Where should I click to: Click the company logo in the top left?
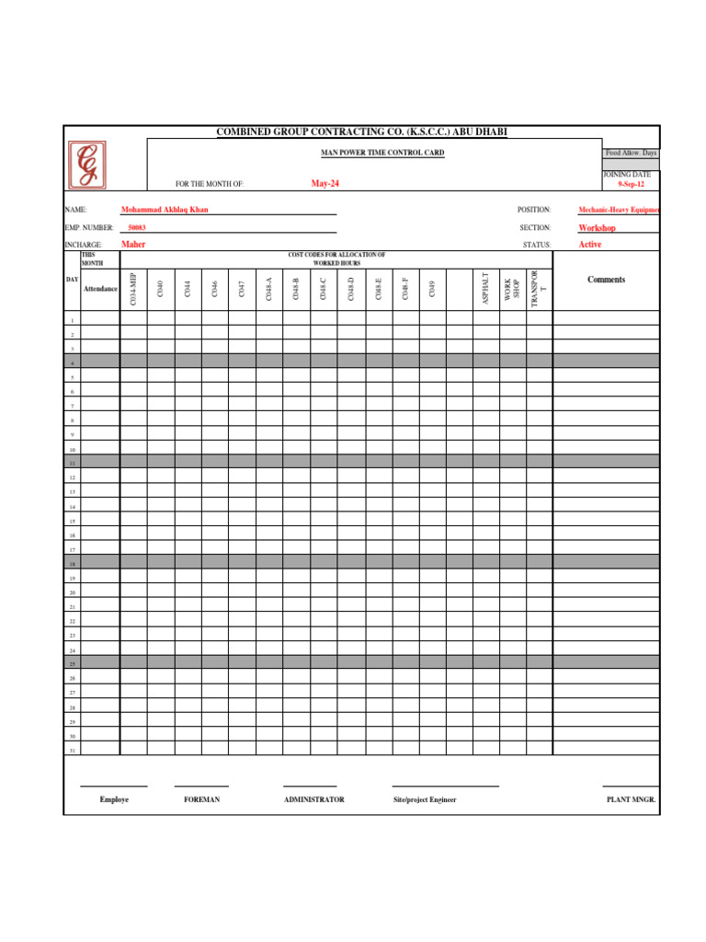86,165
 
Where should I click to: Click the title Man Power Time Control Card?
381,153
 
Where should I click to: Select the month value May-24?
325,184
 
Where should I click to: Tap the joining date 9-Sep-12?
631,184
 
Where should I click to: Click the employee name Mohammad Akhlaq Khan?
165,210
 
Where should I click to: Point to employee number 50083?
137,227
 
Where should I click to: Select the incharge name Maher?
133,245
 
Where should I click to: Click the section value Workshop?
597,227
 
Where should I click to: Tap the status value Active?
590,245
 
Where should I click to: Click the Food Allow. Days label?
631,153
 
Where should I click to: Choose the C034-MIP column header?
133,289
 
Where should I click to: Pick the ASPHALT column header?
486,289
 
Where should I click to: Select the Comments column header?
606,280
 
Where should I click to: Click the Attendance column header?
100,289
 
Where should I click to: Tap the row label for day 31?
73,751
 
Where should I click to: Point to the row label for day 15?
73,521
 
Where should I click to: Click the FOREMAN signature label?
201,800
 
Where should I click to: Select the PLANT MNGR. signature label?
631,800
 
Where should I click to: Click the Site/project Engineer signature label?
425,800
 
